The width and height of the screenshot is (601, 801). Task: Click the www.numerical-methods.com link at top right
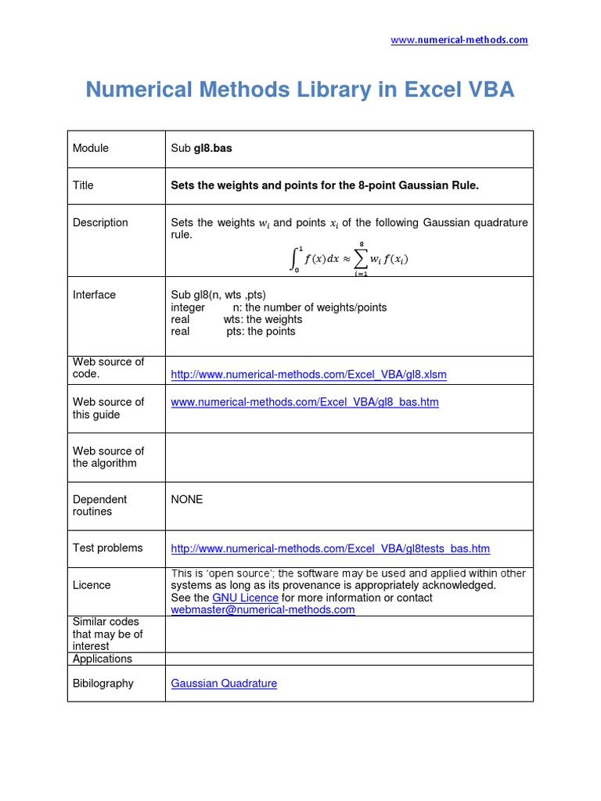click(459, 40)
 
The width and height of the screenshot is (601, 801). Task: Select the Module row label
click(91, 148)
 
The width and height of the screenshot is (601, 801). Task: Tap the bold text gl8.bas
click(213, 148)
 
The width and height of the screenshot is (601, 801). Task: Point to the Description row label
click(100, 222)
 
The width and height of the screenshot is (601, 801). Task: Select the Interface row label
click(94, 295)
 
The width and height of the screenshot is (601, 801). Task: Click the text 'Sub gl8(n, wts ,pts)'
click(218, 295)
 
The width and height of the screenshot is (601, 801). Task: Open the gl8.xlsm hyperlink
click(308, 375)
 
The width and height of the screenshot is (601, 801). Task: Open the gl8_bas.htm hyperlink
click(304, 402)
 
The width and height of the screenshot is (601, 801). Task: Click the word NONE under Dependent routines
click(186, 499)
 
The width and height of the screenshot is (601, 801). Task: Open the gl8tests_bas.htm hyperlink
click(330, 548)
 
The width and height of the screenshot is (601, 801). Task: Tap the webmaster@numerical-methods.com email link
click(262, 609)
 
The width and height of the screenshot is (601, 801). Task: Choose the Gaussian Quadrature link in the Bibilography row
click(224, 684)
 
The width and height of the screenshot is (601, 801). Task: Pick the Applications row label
click(103, 659)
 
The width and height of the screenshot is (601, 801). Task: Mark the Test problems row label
click(108, 548)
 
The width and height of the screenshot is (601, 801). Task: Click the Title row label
click(83, 185)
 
